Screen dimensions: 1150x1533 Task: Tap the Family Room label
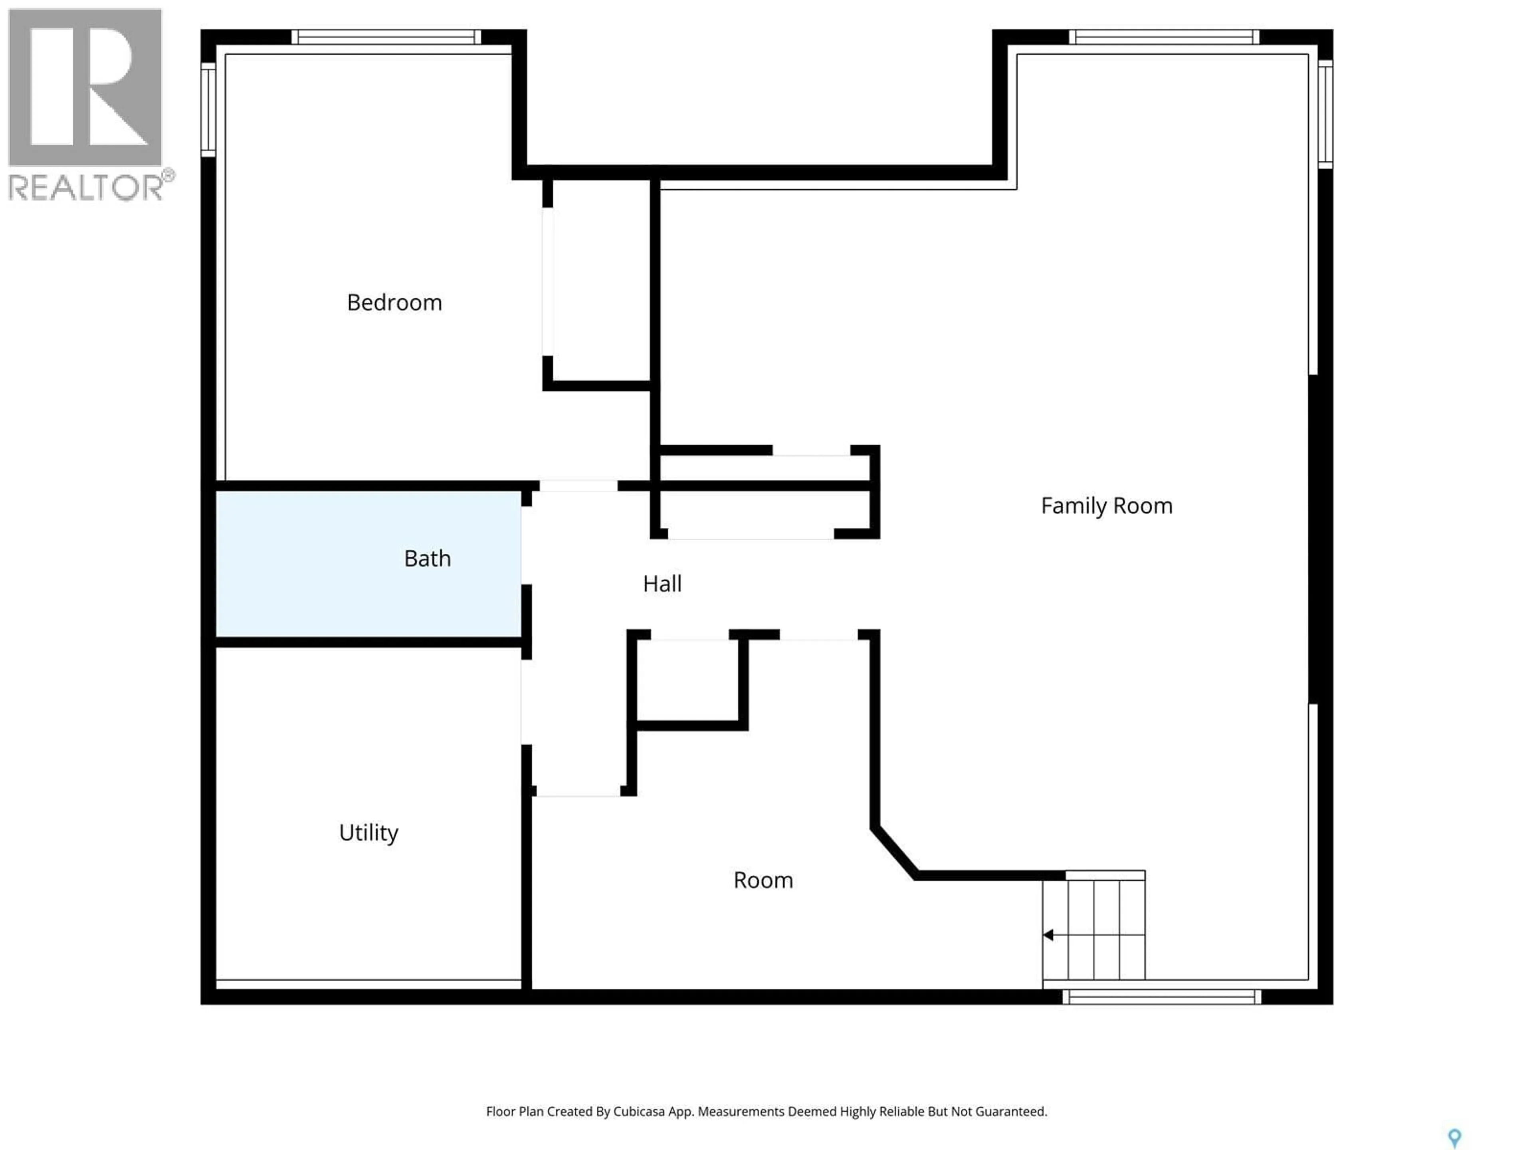tap(1106, 506)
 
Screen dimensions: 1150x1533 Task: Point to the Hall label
tap(662, 584)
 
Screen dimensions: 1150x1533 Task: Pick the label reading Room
tap(763, 880)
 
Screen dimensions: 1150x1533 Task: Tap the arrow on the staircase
tap(1049, 935)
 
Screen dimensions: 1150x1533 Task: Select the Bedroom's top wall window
tap(385, 37)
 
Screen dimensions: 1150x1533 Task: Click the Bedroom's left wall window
tap(208, 109)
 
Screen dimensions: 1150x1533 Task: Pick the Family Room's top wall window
tap(1164, 37)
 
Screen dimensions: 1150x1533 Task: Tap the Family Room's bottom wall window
tap(1162, 997)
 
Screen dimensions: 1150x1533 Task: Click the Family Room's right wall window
tap(1324, 114)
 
